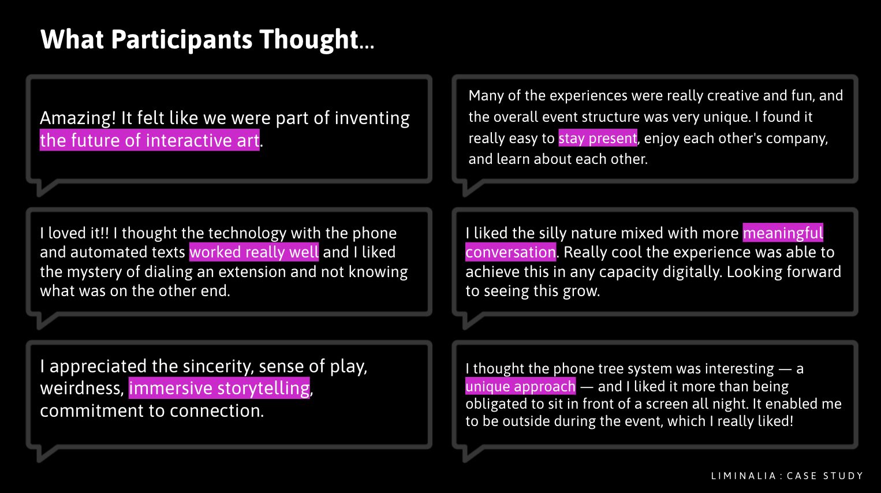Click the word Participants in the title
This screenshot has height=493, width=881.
click(x=181, y=40)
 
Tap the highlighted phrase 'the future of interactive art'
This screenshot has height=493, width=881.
click(x=150, y=140)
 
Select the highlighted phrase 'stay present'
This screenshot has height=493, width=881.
click(x=598, y=138)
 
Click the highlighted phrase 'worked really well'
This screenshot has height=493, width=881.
click(x=254, y=252)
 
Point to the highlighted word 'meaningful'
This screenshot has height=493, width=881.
click(x=783, y=233)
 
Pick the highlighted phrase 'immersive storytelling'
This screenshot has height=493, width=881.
click(x=219, y=388)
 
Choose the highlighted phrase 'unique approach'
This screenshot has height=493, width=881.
click(x=520, y=386)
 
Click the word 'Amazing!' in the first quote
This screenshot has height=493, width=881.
click(x=78, y=118)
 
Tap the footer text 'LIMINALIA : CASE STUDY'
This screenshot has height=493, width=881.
click(x=787, y=476)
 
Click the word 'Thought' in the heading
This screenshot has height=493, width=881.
click(x=309, y=40)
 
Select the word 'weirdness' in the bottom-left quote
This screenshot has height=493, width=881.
click(x=81, y=389)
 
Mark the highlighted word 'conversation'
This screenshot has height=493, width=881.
click(x=510, y=252)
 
